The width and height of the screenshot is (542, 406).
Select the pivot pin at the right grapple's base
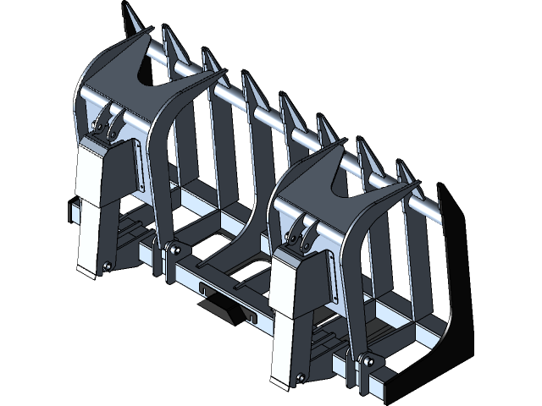366,361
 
